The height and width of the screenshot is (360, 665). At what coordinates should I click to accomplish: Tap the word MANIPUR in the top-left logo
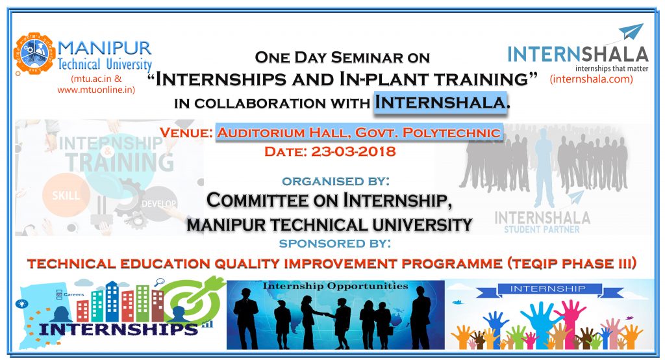(104, 47)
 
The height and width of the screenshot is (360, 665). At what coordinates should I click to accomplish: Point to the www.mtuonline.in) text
(96, 90)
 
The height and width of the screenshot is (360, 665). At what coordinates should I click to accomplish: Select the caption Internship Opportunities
(335, 286)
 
